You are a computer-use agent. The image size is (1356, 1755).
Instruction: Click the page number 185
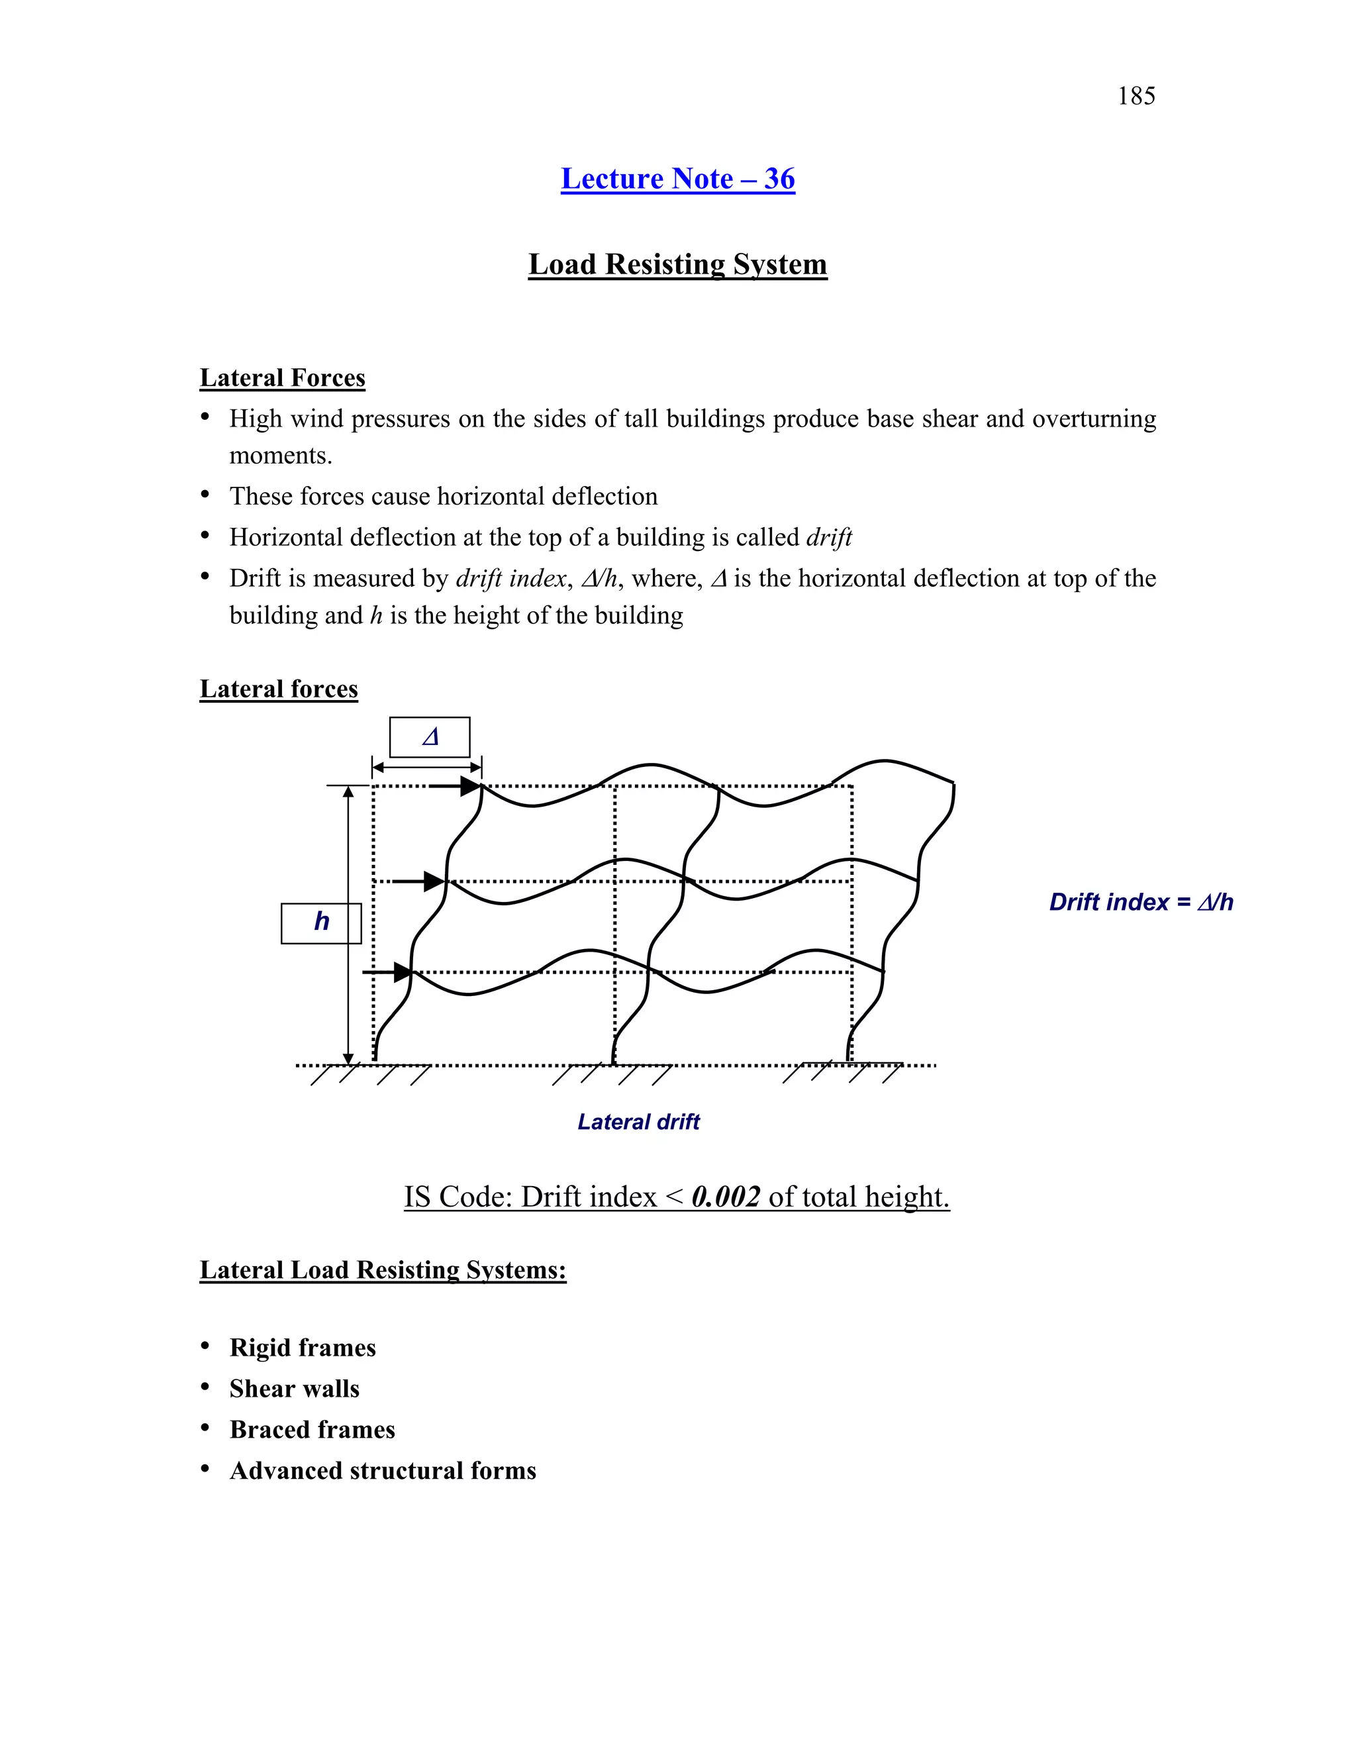(x=1136, y=97)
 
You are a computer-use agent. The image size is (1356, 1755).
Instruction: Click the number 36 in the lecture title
(x=779, y=178)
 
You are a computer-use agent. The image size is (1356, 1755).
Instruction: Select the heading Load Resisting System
(x=677, y=264)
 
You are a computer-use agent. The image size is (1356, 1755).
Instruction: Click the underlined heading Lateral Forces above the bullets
(x=282, y=377)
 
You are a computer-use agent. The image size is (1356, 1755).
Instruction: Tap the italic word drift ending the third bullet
(x=828, y=537)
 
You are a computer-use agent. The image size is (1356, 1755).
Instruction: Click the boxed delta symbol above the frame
(x=430, y=737)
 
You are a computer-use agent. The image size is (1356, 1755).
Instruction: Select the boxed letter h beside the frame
(x=321, y=923)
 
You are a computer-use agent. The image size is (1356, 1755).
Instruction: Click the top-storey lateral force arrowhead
(x=470, y=786)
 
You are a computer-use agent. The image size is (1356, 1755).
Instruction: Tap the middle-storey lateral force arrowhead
(x=434, y=881)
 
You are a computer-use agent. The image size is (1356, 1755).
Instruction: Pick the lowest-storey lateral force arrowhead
(x=403, y=972)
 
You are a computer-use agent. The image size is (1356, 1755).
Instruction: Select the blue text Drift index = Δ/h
(x=1141, y=903)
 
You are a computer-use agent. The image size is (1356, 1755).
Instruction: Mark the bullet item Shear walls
(x=294, y=1389)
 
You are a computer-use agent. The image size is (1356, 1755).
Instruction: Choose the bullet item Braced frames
(x=312, y=1430)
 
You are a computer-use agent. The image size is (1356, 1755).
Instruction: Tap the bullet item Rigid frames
(x=302, y=1348)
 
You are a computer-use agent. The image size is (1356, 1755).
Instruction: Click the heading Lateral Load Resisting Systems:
(x=383, y=1270)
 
